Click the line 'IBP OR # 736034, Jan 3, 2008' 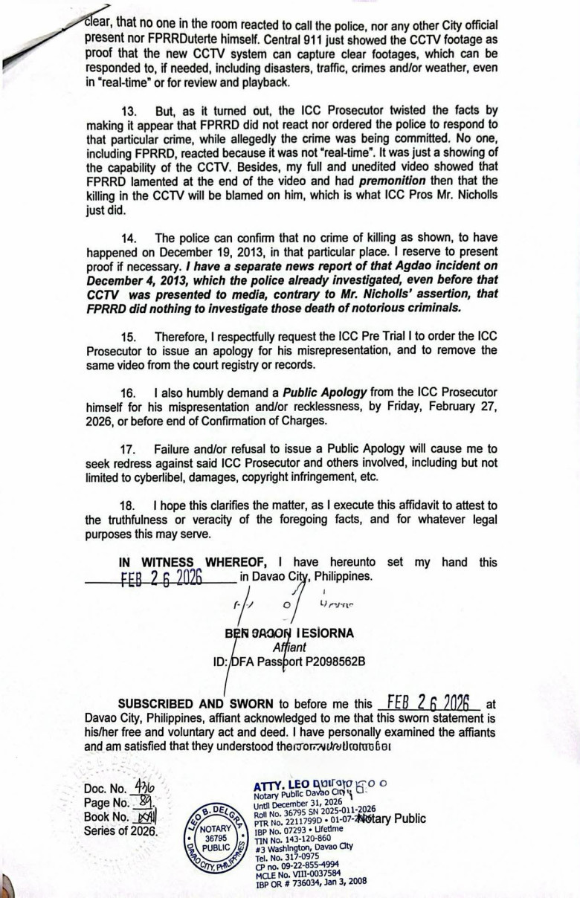pos(310,882)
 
